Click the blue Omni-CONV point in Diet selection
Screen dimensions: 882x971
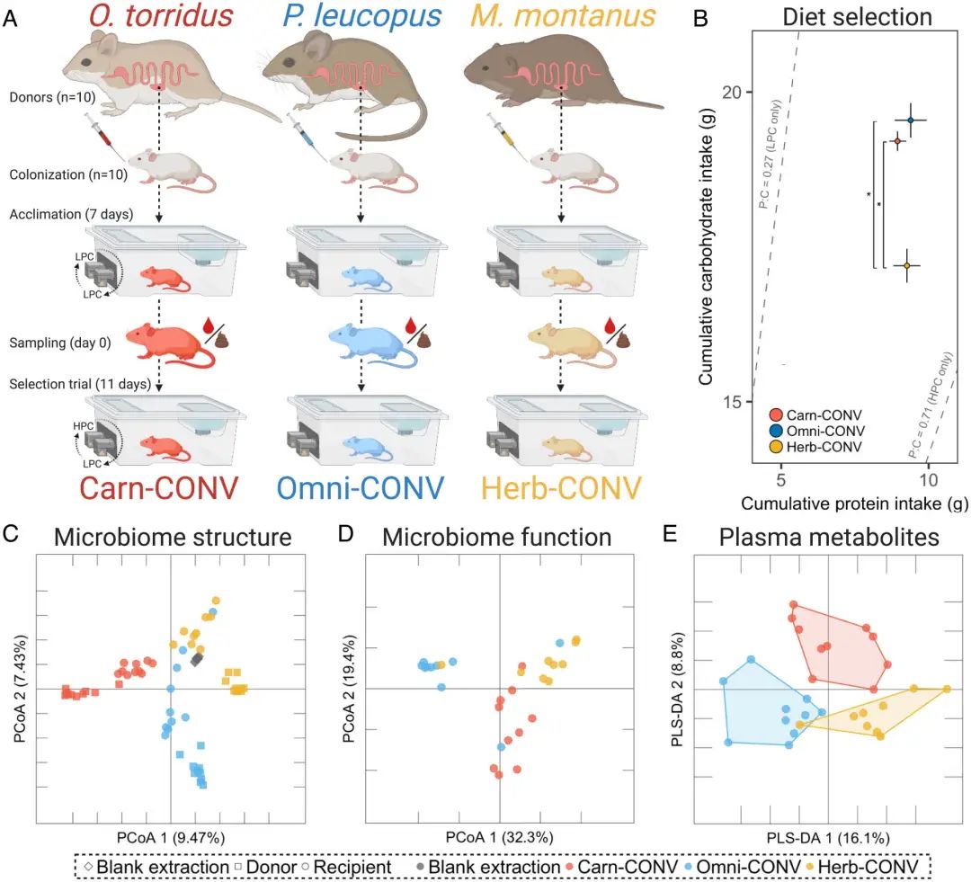coord(910,120)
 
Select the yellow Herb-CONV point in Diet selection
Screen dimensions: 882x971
coord(906,265)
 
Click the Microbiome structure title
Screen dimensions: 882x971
coord(173,538)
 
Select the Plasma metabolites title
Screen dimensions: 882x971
coord(828,538)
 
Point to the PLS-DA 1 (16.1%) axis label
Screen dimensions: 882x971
coord(828,836)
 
